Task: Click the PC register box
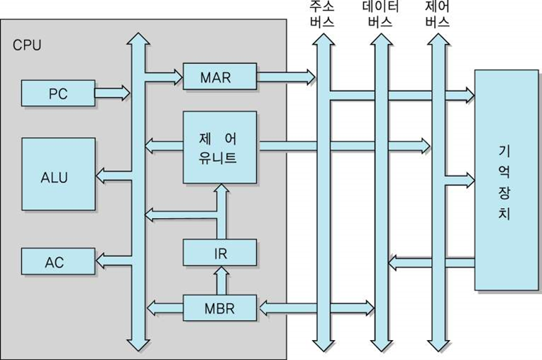pos(58,92)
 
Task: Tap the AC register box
pos(58,261)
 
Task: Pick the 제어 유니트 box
pos(219,147)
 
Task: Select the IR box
pos(219,252)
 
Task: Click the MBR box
pos(219,308)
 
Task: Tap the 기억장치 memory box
pos(505,180)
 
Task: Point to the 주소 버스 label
pos(321,14)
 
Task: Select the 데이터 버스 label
pos(380,14)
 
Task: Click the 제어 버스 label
pos(437,14)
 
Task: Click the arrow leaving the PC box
pos(112,92)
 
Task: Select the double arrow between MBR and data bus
pos(315,308)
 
